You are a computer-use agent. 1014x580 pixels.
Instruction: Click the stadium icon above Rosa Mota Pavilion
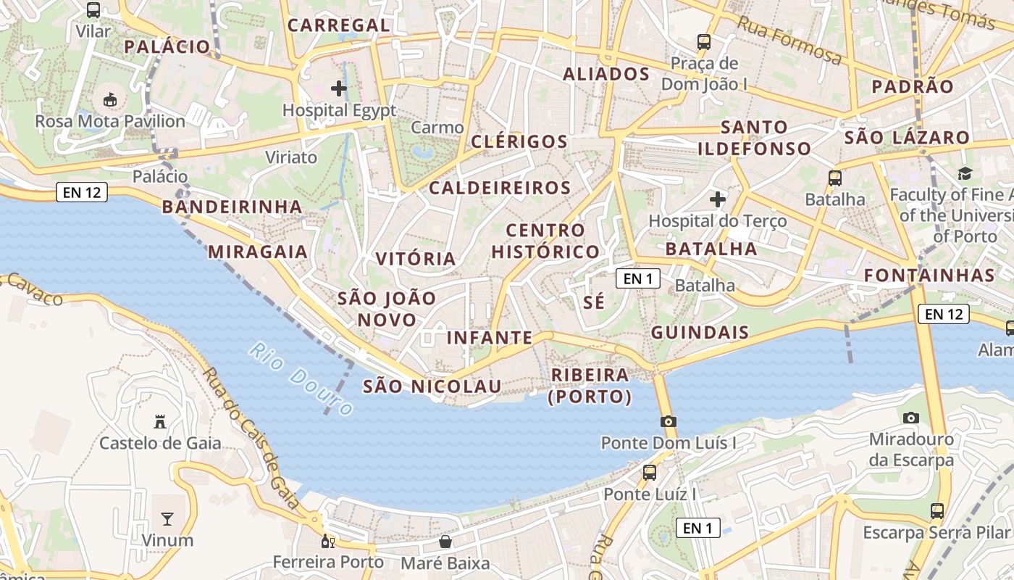point(111,99)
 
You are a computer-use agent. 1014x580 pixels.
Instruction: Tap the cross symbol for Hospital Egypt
point(338,89)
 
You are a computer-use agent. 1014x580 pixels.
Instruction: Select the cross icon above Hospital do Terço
point(718,199)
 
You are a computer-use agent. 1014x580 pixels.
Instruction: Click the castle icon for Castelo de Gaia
point(160,421)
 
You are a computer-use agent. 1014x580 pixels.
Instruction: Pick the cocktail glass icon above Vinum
point(167,518)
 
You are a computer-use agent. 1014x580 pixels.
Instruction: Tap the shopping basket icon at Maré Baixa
point(445,542)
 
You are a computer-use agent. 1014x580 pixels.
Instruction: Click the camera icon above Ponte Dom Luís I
point(669,421)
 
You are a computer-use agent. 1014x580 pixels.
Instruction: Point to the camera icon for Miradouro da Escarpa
point(911,418)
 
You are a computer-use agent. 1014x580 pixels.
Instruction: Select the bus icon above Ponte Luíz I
point(650,473)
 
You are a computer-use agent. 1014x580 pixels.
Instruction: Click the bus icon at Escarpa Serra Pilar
point(937,511)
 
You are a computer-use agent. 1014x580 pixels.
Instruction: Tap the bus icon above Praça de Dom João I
point(704,42)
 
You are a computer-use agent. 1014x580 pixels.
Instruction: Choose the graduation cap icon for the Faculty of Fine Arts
point(965,173)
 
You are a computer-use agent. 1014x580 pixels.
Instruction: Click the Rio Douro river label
point(301,379)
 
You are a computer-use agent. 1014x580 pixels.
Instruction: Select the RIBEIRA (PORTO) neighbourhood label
point(590,386)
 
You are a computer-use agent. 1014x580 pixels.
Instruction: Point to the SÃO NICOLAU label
point(432,386)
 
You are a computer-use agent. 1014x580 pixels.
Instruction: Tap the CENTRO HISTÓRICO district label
point(545,241)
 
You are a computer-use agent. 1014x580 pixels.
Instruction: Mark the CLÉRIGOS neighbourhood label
point(519,141)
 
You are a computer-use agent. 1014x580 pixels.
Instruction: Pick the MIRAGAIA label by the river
point(258,252)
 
